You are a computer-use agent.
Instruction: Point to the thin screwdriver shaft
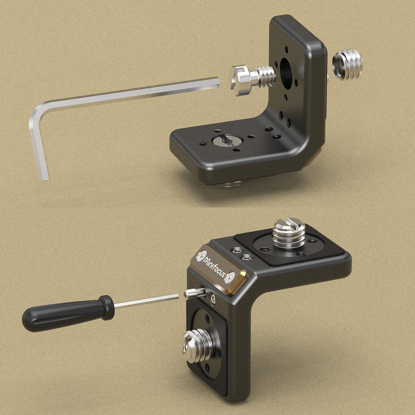pyautogui.click(x=146, y=301)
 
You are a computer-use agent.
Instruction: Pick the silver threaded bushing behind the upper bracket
pyautogui.click(x=347, y=65)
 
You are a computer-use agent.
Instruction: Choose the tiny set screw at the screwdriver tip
pyautogui.click(x=195, y=293)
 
